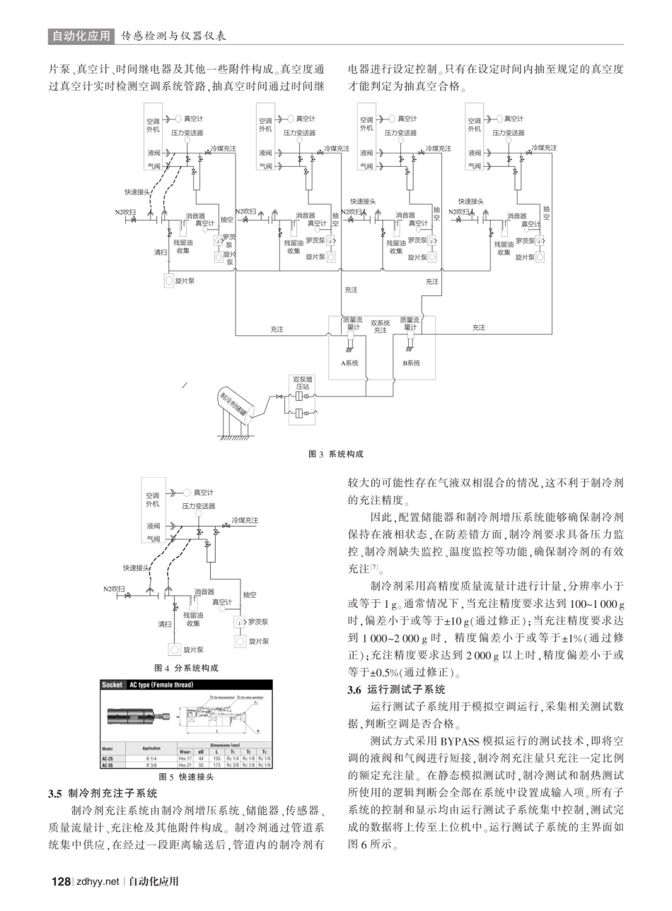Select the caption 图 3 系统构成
pyautogui.click(x=336, y=454)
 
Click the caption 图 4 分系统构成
pyautogui.click(x=186, y=668)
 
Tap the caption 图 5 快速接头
pyautogui.click(x=186, y=777)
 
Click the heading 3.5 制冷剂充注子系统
pyautogui.click(x=103, y=794)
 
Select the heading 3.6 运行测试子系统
pyautogui.click(x=396, y=689)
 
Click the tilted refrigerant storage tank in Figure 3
pyautogui.click(x=236, y=404)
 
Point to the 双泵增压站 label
pyautogui.click(x=303, y=383)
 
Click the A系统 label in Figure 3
pyautogui.click(x=349, y=363)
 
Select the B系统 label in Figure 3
pyautogui.click(x=411, y=363)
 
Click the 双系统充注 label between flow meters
pyautogui.click(x=381, y=326)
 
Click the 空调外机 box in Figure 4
pyautogui.click(x=153, y=500)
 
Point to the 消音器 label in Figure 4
pyautogui.click(x=204, y=592)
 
